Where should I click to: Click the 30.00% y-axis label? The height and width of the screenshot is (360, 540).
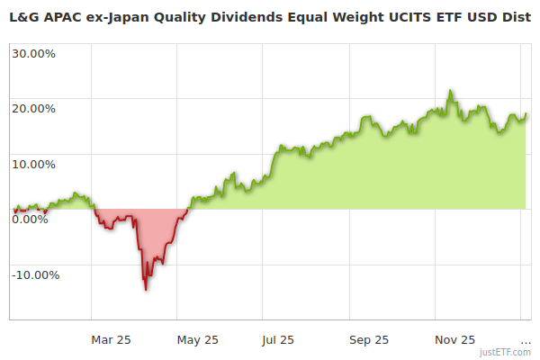tap(33, 53)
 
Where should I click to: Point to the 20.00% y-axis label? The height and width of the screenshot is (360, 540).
tap(33, 109)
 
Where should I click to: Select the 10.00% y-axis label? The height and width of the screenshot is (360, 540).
tap(33, 164)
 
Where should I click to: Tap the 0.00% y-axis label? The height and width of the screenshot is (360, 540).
tap(31, 220)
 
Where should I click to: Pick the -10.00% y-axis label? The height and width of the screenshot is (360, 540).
tap(35, 274)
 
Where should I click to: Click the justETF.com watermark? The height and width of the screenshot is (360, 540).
tap(505, 353)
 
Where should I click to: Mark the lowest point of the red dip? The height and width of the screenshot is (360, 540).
tap(145, 289)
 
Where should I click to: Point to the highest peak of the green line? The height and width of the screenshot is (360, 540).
tap(450, 91)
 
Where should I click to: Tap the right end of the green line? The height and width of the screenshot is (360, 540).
tap(526, 114)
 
